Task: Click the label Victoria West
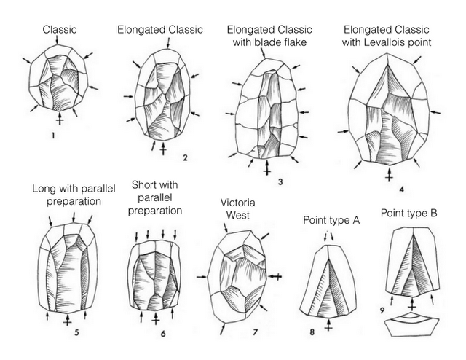point(238,209)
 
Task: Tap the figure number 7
point(255,332)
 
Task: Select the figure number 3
point(280,181)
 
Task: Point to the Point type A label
point(331,221)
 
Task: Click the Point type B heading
point(409,214)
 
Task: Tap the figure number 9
point(382,310)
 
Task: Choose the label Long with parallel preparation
point(74,195)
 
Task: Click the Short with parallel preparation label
point(155,197)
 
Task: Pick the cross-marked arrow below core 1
point(60,118)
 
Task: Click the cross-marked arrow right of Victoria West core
point(275,277)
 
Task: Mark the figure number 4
point(401,189)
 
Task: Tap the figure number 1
point(53,136)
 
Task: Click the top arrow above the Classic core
point(57,39)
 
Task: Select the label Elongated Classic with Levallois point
point(387,36)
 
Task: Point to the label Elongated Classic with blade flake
point(269,36)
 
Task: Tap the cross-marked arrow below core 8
point(328,324)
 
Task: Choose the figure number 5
point(76,332)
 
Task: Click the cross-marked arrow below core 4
point(389,174)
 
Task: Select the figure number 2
point(185,157)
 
